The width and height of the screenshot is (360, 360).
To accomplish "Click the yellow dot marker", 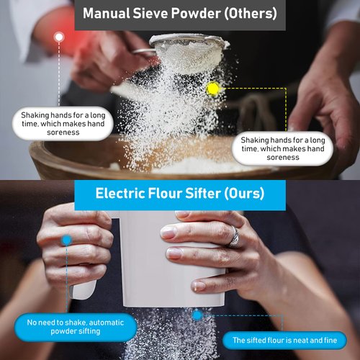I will [213, 89].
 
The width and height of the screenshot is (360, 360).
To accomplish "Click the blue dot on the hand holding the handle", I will [66, 239].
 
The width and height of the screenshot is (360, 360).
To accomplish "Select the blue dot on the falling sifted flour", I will [197, 315].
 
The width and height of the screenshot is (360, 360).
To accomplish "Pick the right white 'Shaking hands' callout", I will [282, 148].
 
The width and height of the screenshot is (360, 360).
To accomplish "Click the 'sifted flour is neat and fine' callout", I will [284, 340].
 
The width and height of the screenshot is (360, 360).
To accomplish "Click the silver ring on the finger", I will [233, 236].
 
